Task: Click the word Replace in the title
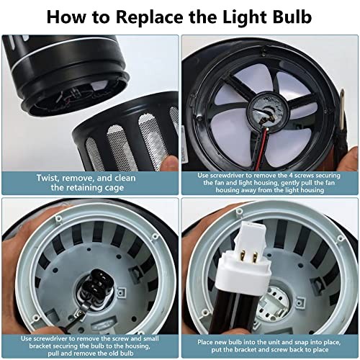point(156,16)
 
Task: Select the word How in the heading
point(71,16)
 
